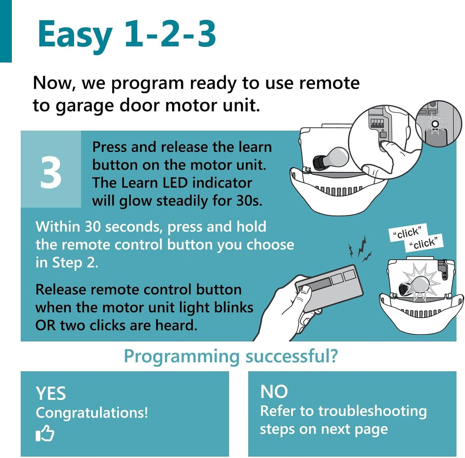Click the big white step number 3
51,173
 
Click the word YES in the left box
51,393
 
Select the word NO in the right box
274,392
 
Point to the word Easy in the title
75,34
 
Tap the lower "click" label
424,243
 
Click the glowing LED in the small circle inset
435,124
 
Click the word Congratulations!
92,413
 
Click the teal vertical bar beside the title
6,31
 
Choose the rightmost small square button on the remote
349,275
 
